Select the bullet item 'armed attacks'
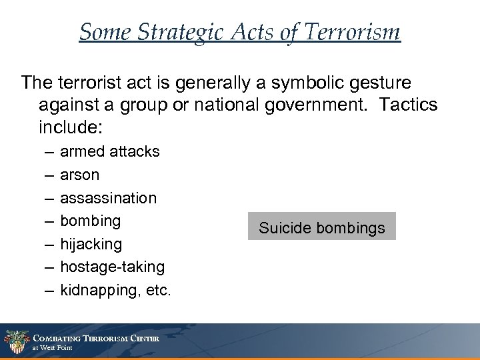110,151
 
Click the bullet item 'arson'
79,175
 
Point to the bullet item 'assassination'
109,198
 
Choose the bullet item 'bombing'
91,221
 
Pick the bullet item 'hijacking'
91,244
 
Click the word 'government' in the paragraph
308,105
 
